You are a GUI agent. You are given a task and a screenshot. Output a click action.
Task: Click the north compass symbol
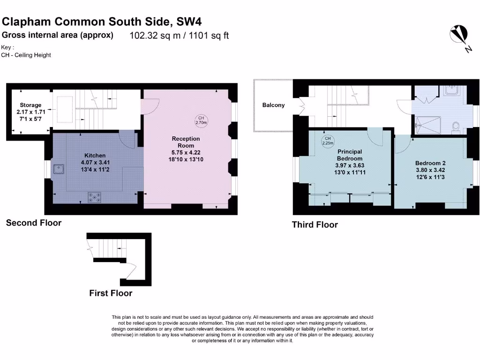tap(459, 35)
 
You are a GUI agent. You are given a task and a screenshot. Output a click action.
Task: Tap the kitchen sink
tap(59, 169)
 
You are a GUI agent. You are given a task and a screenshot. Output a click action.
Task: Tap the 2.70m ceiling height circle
tap(201, 120)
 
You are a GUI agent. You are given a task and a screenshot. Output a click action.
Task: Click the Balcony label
tap(273, 105)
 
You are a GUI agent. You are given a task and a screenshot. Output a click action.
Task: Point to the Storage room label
tap(30, 105)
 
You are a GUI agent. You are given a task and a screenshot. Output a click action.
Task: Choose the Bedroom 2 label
tap(430, 163)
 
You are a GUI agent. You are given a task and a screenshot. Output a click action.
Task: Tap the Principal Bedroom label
tap(350, 155)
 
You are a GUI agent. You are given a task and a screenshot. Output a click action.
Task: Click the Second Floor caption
tap(34, 223)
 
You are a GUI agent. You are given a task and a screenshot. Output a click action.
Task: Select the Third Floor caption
tap(315, 225)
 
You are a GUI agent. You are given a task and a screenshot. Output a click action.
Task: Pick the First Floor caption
tap(111, 293)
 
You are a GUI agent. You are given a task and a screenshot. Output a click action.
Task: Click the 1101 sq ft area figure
tap(209, 36)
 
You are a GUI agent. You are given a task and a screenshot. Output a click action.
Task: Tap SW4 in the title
tap(189, 22)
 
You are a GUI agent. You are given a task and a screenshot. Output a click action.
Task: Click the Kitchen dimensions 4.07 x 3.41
tap(95, 163)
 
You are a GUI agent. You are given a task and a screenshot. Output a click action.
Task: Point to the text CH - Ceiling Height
tap(26, 55)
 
